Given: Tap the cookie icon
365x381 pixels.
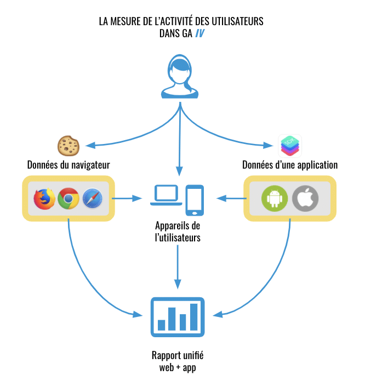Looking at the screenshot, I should tap(69, 145).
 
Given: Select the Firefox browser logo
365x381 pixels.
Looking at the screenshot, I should tap(45, 198).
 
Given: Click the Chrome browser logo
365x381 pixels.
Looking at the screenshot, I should tap(69, 198).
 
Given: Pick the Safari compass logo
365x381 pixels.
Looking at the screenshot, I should tap(93, 198).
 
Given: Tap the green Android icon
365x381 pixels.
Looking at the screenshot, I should tap(274, 198).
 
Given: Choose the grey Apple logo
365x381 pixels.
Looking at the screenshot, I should tap(304, 198).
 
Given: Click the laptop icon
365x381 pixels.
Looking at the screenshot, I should tap(166, 195).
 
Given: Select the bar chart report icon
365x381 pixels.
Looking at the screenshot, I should tap(178, 317).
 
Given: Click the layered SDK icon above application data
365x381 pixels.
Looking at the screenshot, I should tap(290, 145).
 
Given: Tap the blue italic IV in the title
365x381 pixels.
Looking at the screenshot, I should tap(201, 33).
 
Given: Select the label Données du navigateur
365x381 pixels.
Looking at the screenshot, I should tap(69, 165).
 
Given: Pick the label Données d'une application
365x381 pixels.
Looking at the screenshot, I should tap(290, 165).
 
